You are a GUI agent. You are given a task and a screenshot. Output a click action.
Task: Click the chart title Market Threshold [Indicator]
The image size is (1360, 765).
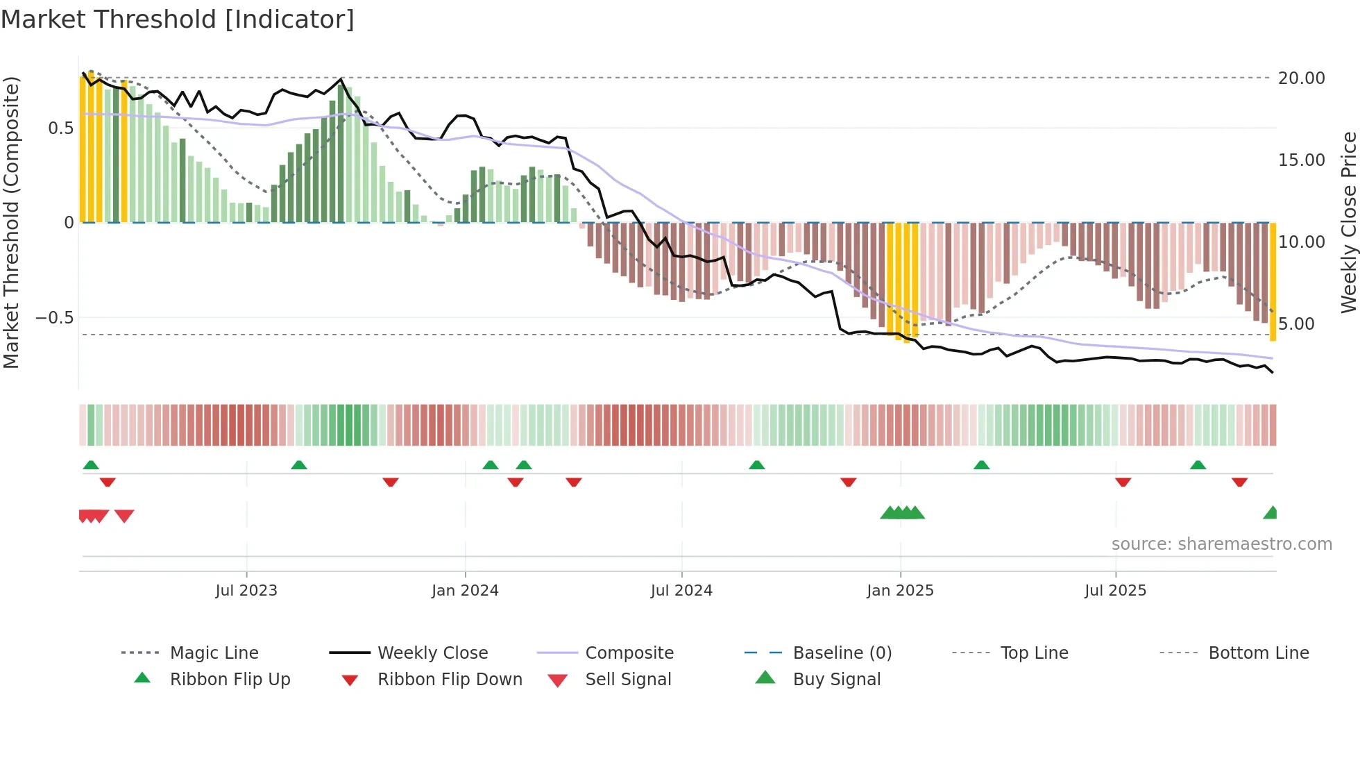[x=178, y=19]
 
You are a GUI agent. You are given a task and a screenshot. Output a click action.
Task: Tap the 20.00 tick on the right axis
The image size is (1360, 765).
[x=1301, y=78]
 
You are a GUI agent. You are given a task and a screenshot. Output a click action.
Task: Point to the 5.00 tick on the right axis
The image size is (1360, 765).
[x=1295, y=324]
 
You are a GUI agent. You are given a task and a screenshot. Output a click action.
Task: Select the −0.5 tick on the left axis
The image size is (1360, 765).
[x=54, y=318]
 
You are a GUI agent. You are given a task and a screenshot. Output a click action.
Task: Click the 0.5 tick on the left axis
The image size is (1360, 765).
[x=60, y=128]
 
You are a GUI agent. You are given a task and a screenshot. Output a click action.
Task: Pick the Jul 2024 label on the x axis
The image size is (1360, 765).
[x=681, y=591]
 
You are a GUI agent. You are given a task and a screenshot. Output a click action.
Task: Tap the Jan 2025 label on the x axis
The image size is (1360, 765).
[x=899, y=591]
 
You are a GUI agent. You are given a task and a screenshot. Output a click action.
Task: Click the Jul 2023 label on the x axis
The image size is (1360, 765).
[x=246, y=591]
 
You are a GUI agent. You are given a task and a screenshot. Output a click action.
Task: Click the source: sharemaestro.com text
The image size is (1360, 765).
[x=1221, y=544]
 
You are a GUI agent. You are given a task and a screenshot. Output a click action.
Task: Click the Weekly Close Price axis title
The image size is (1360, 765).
[x=1348, y=222]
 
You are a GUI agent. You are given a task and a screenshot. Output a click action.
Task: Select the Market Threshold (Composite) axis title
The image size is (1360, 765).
[x=11, y=222]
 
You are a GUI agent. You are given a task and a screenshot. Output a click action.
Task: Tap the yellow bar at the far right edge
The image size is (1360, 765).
[x=1273, y=281]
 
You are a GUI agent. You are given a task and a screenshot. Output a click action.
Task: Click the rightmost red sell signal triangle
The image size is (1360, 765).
[x=124, y=516]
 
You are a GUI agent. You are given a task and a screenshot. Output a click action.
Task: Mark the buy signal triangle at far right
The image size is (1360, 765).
[x=1270, y=513]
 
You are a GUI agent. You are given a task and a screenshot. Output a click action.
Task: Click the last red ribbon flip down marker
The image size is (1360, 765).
[x=1239, y=482]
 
